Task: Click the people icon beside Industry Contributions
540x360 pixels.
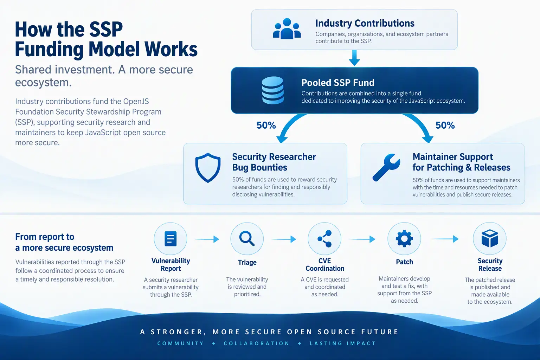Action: (287, 29)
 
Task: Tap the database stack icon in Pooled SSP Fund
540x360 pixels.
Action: (273, 90)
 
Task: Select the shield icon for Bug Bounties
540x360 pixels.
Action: (208, 167)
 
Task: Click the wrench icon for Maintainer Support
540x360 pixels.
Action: (386, 167)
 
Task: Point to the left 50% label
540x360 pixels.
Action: (266, 126)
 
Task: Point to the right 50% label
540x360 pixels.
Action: (445, 126)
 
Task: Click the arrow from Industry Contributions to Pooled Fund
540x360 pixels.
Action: (354, 58)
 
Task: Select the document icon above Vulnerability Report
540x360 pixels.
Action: (171, 239)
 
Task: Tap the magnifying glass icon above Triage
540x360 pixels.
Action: (247, 239)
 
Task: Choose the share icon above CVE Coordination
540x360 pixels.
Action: (324, 239)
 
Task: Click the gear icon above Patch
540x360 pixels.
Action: (404, 239)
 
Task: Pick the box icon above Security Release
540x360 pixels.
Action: (490, 238)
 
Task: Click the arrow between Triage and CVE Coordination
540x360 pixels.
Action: (284, 239)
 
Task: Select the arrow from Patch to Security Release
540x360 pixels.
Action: (445, 239)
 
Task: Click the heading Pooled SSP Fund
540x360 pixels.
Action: (338, 83)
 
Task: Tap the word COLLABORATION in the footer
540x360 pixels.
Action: (257, 343)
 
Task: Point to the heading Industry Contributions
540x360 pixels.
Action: (365, 23)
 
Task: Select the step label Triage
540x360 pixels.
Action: (247, 262)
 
